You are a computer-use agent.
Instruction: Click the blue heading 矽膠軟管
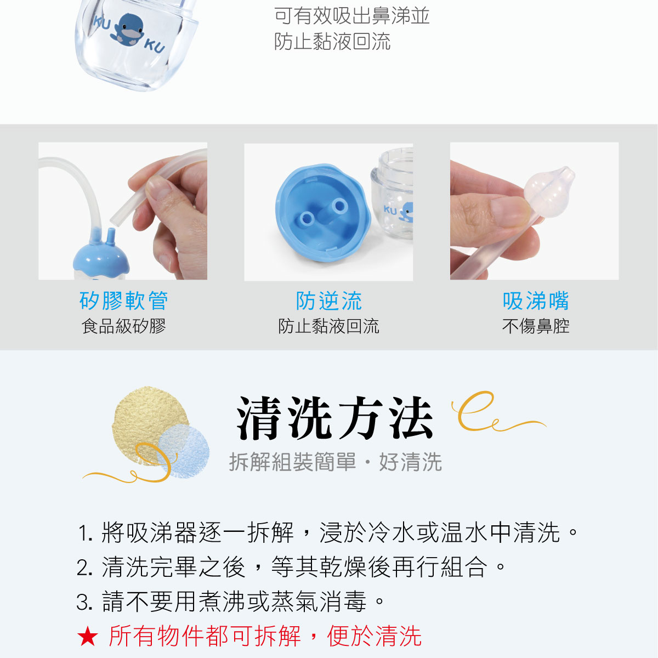tap(123, 301)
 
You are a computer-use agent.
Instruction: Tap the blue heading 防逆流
tap(329, 301)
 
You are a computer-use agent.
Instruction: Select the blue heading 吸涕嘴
tap(536, 301)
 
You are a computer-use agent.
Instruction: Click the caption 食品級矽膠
tap(123, 326)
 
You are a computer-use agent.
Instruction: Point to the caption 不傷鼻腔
tap(536, 326)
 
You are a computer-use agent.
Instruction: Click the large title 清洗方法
tap(334, 419)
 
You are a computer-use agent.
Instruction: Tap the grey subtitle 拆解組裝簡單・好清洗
tap(335, 462)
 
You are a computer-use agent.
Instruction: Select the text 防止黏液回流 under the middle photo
tap(329, 326)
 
